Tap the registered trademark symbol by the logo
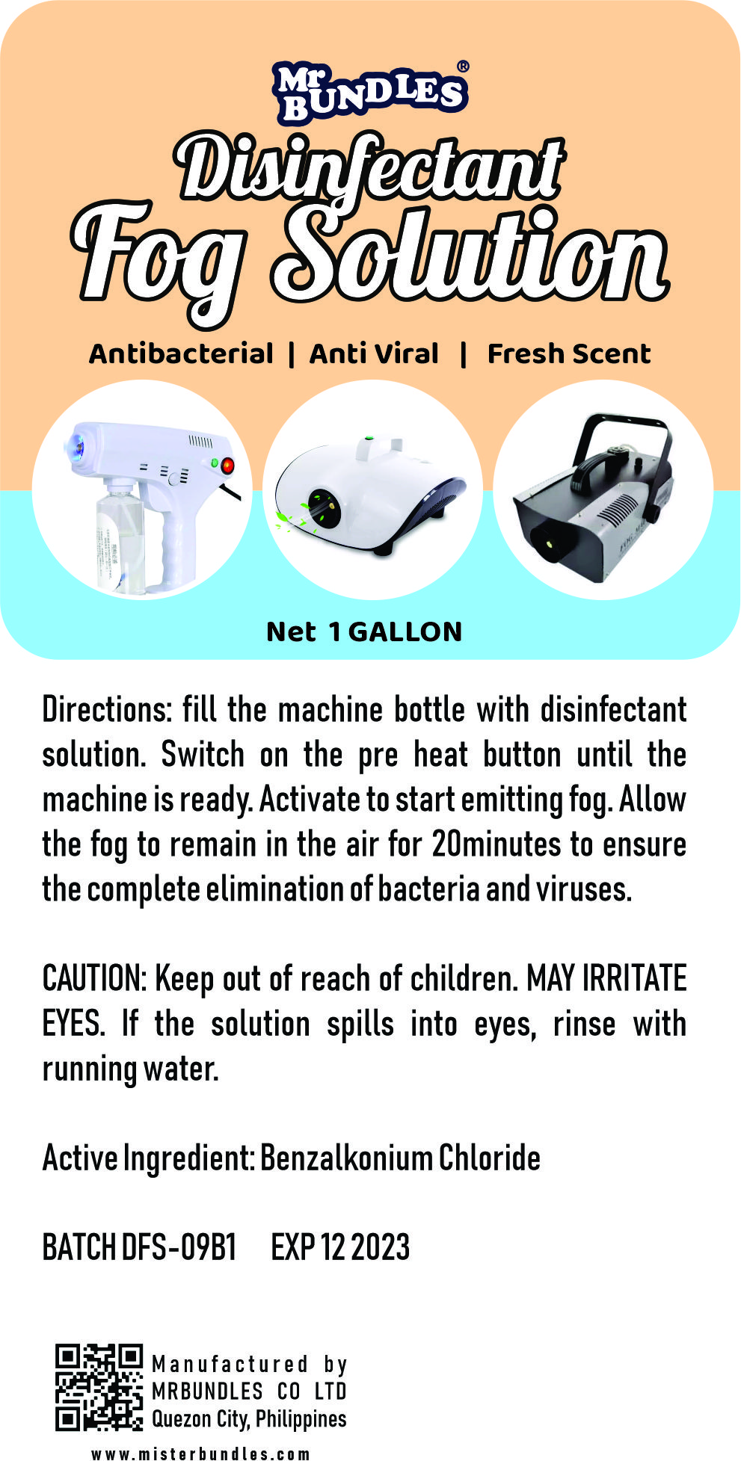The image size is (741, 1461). pyautogui.click(x=463, y=67)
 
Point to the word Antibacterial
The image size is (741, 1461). pyautogui.click(x=182, y=353)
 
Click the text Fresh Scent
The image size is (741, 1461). pyautogui.click(x=569, y=353)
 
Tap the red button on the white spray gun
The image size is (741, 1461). pyautogui.click(x=227, y=466)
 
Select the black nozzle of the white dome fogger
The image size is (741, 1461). pyautogui.click(x=324, y=508)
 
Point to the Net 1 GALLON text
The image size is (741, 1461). pyautogui.click(x=364, y=632)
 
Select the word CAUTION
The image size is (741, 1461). pyautogui.click(x=94, y=979)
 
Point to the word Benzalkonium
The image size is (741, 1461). pyautogui.click(x=346, y=1158)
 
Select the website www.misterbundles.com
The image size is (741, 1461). pyautogui.click(x=200, y=1454)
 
